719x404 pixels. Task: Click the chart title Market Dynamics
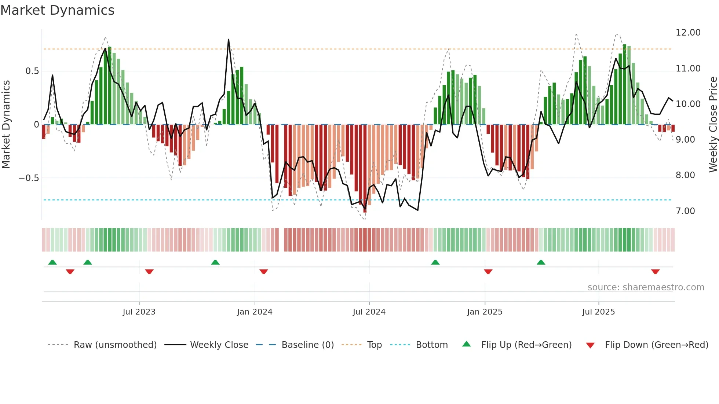(x=57, y=10)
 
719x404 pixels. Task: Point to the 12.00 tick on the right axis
(x=688, y=33)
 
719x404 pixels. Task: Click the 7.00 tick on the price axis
(x=685, y=211)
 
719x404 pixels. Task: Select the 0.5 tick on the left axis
(x=32, y=71)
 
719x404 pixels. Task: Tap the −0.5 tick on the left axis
(x=29, y=178)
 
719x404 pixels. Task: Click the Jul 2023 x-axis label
(x=139, y=312)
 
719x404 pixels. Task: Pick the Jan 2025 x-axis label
(x=485, y=312)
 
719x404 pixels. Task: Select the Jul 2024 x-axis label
(x=369, y=312)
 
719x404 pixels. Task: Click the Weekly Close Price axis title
(x=713, y=125)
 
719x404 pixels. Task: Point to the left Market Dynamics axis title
(x=6, y=125)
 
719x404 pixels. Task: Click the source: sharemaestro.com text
(x=646, y=287)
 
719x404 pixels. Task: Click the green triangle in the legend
(x=466, y=344)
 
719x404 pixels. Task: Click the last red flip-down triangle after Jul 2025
(x=655, y=272)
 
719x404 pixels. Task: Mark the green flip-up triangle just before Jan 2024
(x=215, y=262)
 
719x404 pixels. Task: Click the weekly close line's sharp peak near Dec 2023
(x=229, y=40)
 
